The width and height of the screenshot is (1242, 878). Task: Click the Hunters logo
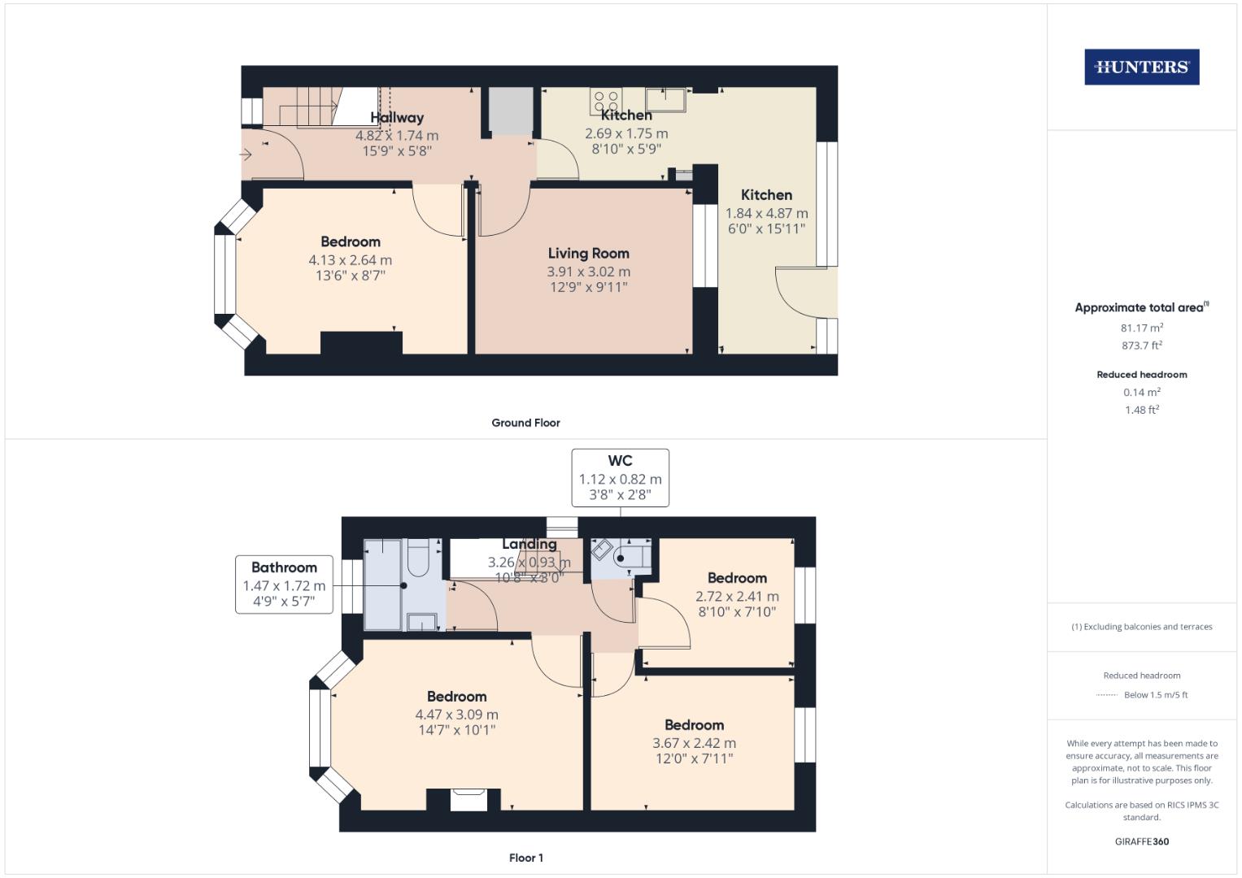tap(1141, 67)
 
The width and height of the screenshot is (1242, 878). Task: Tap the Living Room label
tap(588, 254)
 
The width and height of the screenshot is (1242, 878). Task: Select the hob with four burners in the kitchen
tap(606, 102)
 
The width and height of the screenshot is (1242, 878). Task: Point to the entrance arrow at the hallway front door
tap(246, 154)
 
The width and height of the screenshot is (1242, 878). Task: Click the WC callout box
tap(620, 477)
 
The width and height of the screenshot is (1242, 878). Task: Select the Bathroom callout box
tap(284, 584)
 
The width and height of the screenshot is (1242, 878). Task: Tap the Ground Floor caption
tap(525, 423)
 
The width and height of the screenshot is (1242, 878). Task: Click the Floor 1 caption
tap(525, 858)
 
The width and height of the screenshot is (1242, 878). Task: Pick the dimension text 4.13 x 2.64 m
tap(350, 260)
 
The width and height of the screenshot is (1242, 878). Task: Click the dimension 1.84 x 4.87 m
tap(766, 213)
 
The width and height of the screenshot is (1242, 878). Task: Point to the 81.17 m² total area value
tap(1141, 328)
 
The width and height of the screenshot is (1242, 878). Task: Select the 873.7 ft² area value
tap(1141, 346)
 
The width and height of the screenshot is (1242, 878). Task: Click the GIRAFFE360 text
tap(1141, 841)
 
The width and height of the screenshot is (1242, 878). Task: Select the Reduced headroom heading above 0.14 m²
tap(1141, 375)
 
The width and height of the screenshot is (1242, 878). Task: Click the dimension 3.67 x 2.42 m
tap(694, 743)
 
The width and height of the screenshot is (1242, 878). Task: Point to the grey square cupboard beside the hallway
tap(511, 111)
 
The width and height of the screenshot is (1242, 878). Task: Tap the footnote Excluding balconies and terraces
tap(1141, 627)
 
